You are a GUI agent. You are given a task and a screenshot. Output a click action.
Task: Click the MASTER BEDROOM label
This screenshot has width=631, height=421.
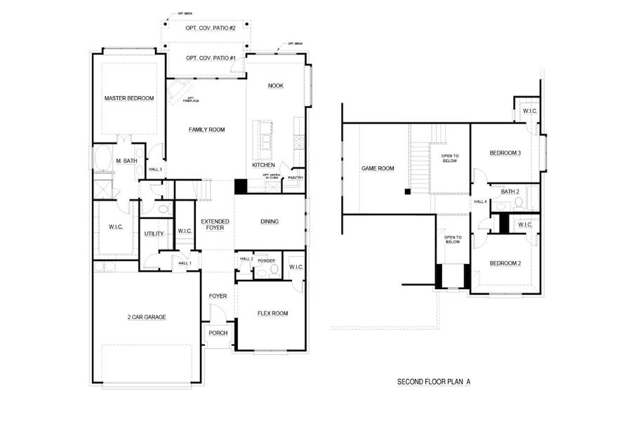129,98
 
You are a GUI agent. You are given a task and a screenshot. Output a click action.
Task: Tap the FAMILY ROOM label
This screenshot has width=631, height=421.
206,130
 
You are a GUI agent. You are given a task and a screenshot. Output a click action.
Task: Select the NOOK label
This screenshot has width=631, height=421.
276,86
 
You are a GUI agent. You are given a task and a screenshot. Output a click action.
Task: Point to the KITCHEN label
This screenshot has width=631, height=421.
264,166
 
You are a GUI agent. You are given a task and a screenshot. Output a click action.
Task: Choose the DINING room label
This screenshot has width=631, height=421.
270,222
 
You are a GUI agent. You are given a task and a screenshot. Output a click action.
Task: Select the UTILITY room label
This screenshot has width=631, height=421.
154,234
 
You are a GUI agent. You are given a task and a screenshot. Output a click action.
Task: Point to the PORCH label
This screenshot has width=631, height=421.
218,333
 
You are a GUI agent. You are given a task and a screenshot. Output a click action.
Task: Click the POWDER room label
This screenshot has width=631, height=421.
266,260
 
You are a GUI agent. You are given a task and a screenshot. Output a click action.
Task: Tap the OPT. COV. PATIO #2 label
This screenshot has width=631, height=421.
210,27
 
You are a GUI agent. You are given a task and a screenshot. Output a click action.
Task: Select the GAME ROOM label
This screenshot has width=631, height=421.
378,168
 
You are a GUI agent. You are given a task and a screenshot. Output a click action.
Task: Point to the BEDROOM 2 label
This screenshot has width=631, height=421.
505,263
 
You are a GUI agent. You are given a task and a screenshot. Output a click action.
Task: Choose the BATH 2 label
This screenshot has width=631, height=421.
510,192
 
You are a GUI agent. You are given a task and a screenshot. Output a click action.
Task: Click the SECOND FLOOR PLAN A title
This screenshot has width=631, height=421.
434,382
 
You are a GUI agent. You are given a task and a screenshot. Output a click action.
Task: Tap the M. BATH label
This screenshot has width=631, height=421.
126,161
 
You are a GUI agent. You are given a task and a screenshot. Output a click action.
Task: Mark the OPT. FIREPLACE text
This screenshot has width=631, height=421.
191,100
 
